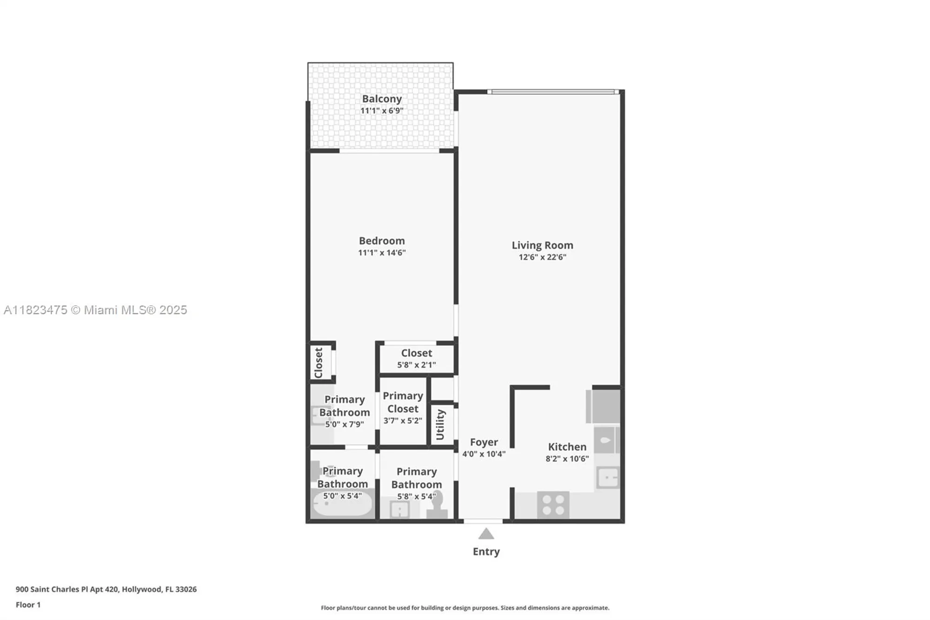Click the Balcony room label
[x=382, y=99]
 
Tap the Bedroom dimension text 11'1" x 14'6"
[x=382, y=253]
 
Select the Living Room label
[x=542, y=245]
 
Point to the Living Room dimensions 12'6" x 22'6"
[x=542, y=257]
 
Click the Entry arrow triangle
[x=486, y=534]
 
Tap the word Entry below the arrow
[x=486, y=552]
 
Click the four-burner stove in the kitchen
[x=553, y=505]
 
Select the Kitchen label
[x=567, y=447]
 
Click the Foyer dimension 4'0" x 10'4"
[x=484, y=454]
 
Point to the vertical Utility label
[x=440, y=424]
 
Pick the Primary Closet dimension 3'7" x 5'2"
[x=403, y=420]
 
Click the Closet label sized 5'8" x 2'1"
[x=417, y=353]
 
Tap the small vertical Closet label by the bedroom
[x=319, y=363]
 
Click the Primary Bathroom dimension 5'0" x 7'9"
[x=344, y=424]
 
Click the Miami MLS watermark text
[x=95, y=310]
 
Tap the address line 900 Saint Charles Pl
[x=106, y=589]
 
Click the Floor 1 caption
[x=28, y=605]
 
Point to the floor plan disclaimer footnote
[x=465, y=608]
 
